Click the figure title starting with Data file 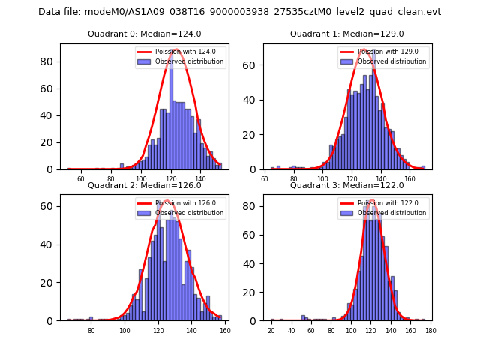[x=240, y=12]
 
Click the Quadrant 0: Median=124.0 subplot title [x=145, y=34]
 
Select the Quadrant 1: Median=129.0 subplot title [x=347, y=34]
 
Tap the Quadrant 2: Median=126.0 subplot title [x=145, y=185]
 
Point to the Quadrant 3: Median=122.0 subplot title [x=347, y=185]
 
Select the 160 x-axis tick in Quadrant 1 [x=409, y=179]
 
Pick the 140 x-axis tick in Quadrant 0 [x=200, y=179]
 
